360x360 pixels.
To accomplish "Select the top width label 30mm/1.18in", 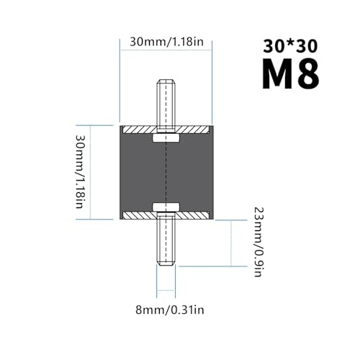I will tap(167, 42).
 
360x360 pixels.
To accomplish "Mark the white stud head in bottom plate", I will tap(165, 209).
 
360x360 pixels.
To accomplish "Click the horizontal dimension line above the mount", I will tap(165, 53).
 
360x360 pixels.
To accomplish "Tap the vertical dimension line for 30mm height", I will tap(96, 173).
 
